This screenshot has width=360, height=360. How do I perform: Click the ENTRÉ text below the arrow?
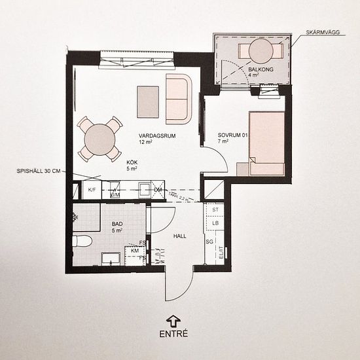pos(173,333)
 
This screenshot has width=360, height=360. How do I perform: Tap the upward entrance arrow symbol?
pos(173,319)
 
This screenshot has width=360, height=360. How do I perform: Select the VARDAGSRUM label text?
pos(153,136)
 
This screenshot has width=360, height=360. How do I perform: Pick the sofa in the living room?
pos(178,99)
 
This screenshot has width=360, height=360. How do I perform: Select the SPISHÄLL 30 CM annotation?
pos(39,171)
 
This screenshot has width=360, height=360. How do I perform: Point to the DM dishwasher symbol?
pos(157,190)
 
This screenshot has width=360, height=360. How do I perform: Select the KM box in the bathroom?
pos(135,250)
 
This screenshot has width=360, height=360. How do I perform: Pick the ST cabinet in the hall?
pos(215,209)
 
